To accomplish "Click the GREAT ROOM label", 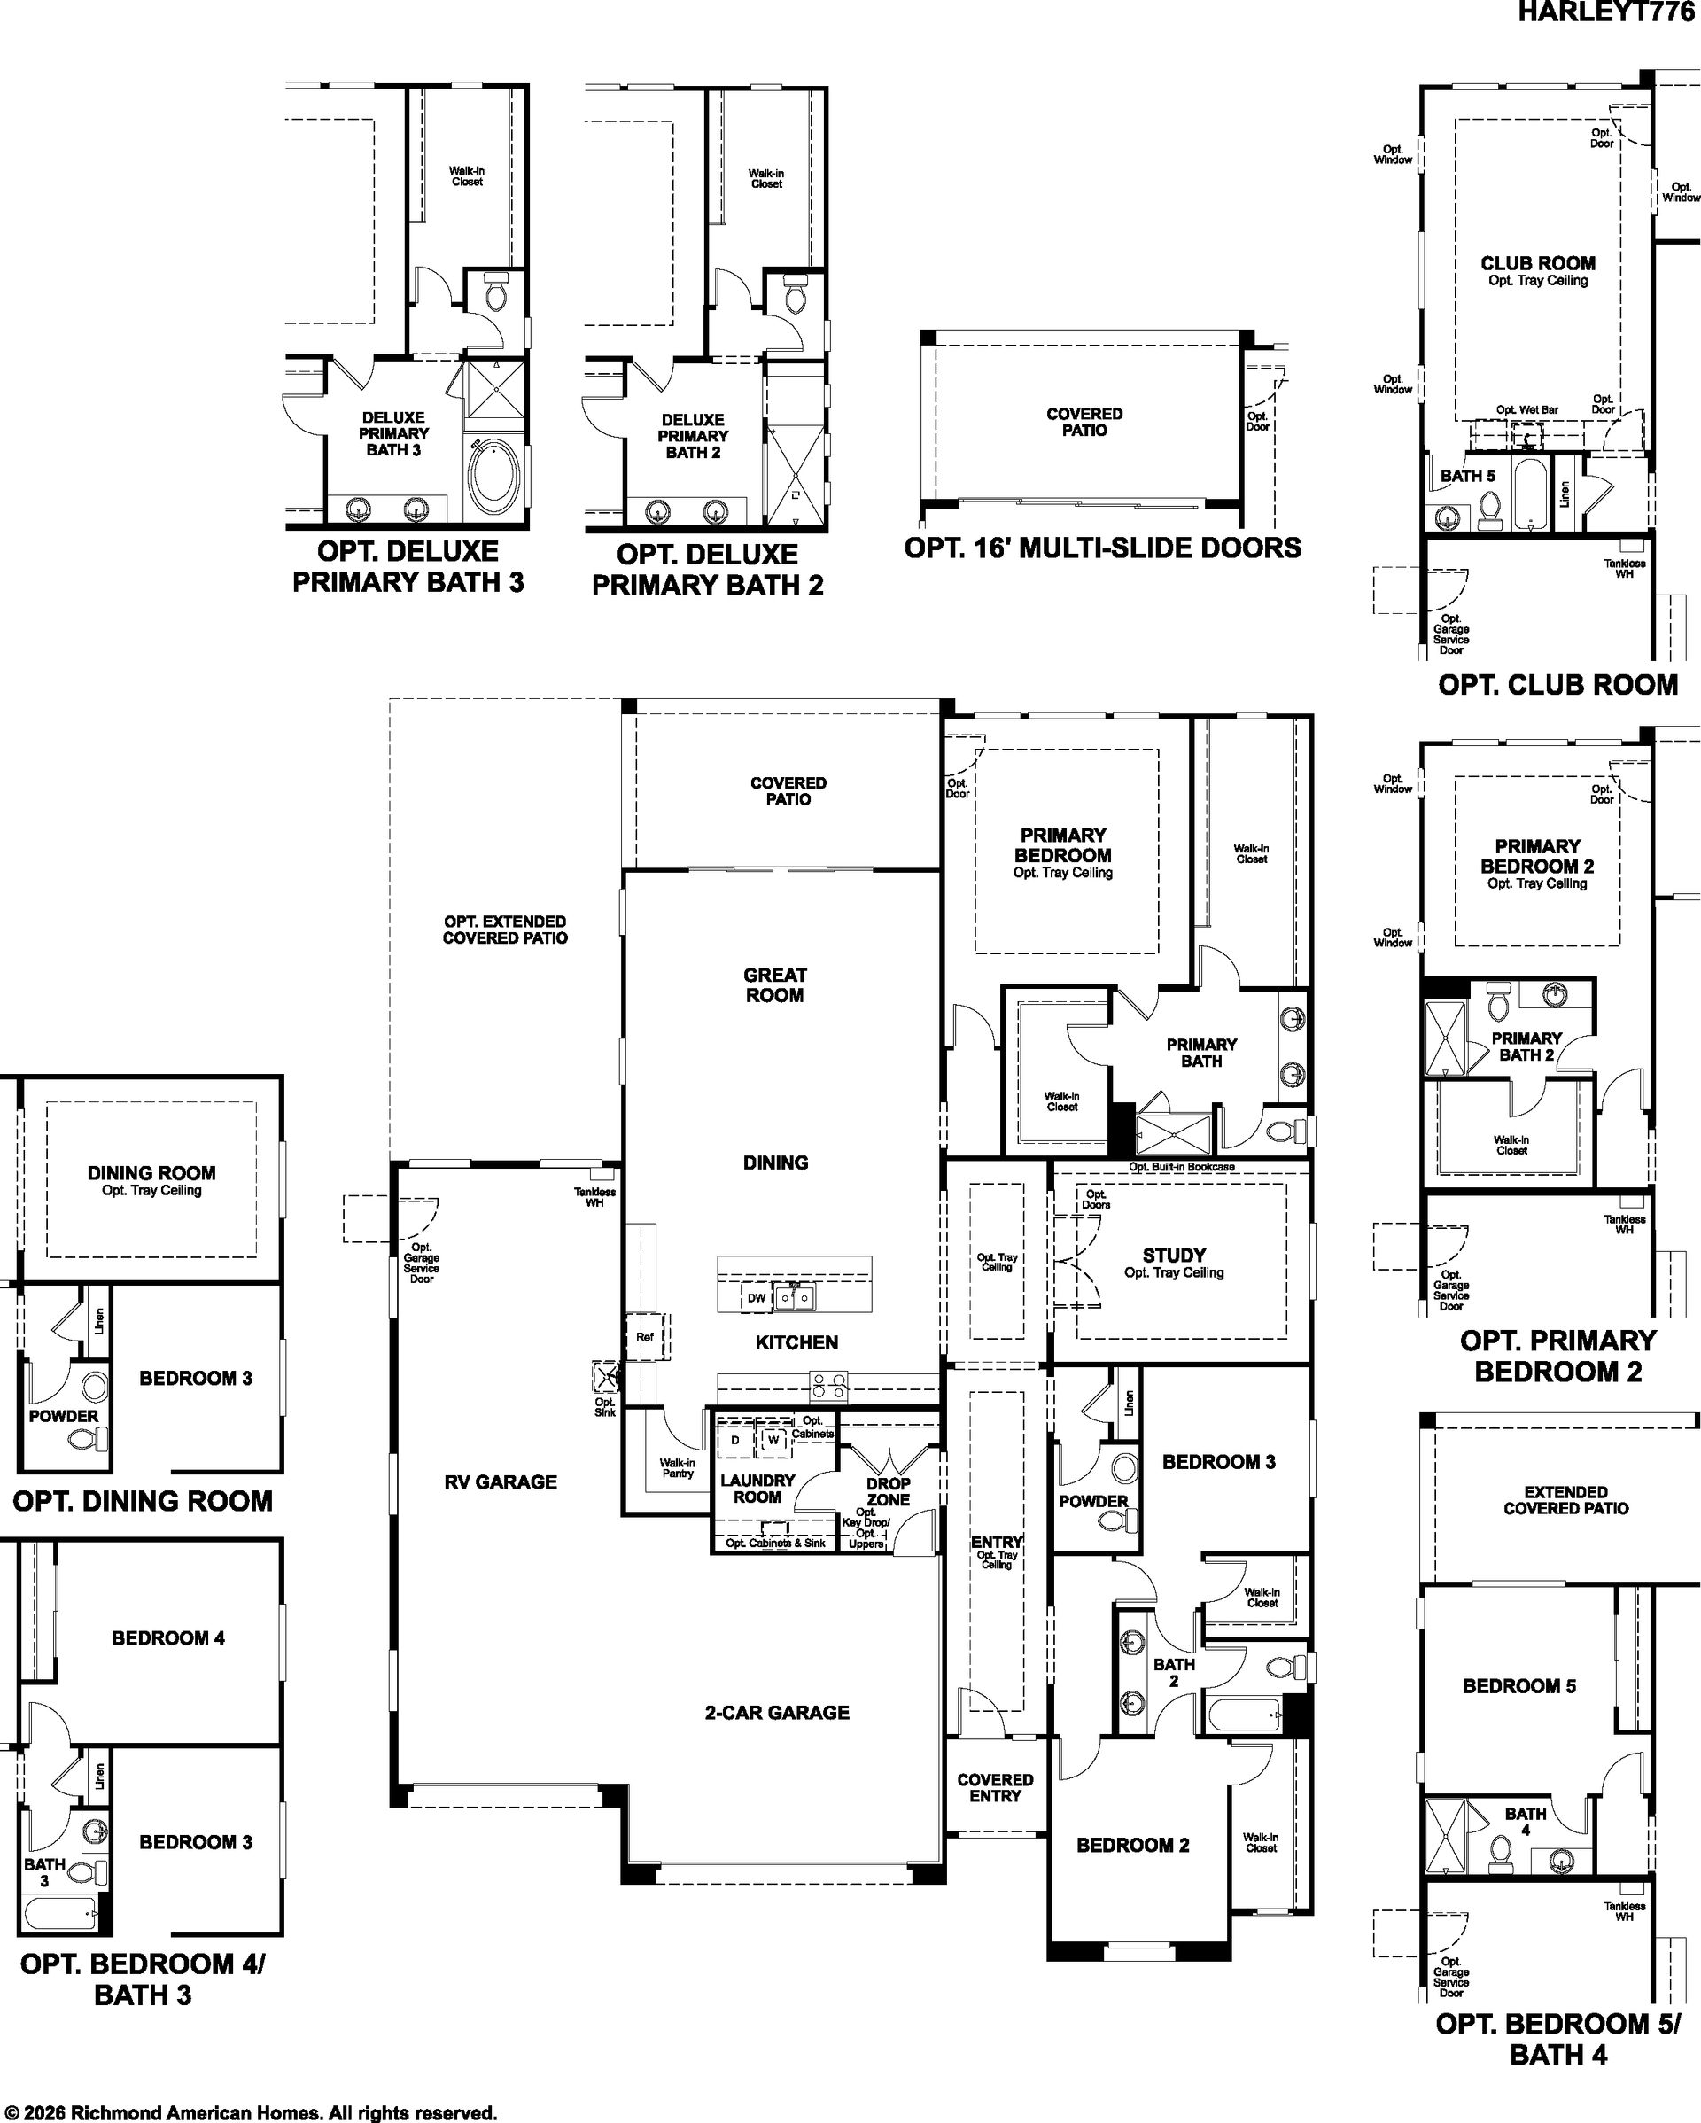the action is (774, 984).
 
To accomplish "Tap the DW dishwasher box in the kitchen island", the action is (756, 1298).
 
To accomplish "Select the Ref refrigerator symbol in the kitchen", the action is (646, 1337).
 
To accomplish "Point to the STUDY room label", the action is (1173, 1256).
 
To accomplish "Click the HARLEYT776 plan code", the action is (1607, 12).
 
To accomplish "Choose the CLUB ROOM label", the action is (1538, 263).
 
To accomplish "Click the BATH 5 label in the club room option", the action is (1467, 476).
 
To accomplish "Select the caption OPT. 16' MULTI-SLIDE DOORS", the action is (1102, 548).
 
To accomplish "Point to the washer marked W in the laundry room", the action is (773, 1441).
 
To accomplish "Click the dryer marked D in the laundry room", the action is (736, 1441).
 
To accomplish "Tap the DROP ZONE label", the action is (888, 1491).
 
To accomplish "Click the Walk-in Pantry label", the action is (677, 1468).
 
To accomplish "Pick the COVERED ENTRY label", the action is (995, 1787).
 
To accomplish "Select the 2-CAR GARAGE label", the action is (777, 1713).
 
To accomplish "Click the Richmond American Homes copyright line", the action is (250, 2112).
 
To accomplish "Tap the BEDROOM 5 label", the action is (1518, 1686).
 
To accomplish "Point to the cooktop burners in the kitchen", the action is (829, 1387).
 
